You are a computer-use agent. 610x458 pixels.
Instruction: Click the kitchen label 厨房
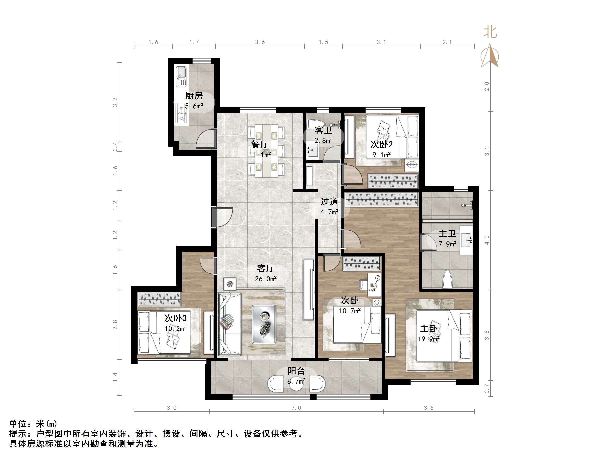click(194, 96)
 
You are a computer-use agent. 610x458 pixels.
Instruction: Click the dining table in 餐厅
click(266, 151)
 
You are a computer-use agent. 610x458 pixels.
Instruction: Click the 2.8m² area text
click(323, 141)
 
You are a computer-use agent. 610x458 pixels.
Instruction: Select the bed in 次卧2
click(392, 137)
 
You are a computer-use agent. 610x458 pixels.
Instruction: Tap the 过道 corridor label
click(329, 202)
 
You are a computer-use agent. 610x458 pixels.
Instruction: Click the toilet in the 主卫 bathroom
click(447, 279)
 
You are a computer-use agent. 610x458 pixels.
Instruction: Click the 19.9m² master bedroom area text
click(428, 339)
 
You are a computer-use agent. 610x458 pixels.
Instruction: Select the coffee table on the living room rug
click(264, 324)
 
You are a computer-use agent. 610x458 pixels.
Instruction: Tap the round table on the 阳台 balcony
click(296, 384)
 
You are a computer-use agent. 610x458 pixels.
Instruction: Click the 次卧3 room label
click(175, 318)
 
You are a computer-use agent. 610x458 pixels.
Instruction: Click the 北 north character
click(490, 32)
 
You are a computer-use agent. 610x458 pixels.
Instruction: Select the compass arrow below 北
click(490, 55)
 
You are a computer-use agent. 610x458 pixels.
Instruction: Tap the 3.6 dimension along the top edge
click(260, 42)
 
